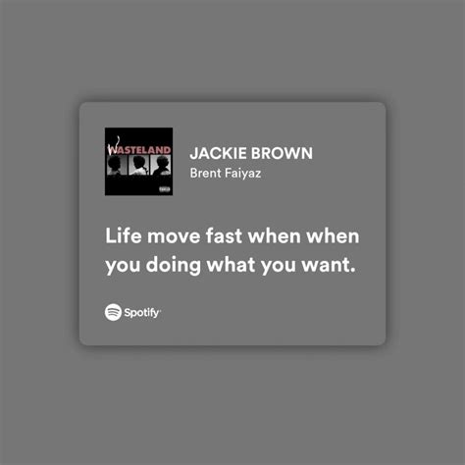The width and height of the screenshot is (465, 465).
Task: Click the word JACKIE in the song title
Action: click(x=218, y=153)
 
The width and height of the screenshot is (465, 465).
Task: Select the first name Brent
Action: click(x=206, y=173)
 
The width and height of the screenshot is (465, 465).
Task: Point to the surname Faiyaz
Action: click(x=242, y=174)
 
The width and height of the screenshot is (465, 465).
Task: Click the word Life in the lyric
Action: click(x=124, y=235)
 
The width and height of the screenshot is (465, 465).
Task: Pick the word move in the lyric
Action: click(x=174, y=236)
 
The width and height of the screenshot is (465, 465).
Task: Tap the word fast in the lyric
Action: click(x=224, y=235)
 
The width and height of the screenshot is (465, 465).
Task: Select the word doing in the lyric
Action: click(x=174, y=266)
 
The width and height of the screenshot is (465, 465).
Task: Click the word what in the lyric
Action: click(x=231, y=264)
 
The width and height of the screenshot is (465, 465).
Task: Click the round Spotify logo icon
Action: click(x=113, y=312)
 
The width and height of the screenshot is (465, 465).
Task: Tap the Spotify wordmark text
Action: click(x=142, y=313)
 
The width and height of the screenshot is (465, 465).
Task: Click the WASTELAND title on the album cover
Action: click(x=139, y=150)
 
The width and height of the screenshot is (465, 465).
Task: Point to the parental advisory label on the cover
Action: click(x=165, y=189)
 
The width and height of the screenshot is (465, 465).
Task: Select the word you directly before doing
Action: click(x=123, y=266)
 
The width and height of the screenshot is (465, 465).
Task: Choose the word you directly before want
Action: click(x=279, y=266)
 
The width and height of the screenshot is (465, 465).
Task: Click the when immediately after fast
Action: click(x=275, y=235)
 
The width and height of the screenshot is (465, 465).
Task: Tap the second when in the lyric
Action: click(x=333, y=235)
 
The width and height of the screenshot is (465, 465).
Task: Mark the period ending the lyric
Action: click(x=352, y=271)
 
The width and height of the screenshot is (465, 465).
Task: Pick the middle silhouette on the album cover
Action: click(x=138, y=166)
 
